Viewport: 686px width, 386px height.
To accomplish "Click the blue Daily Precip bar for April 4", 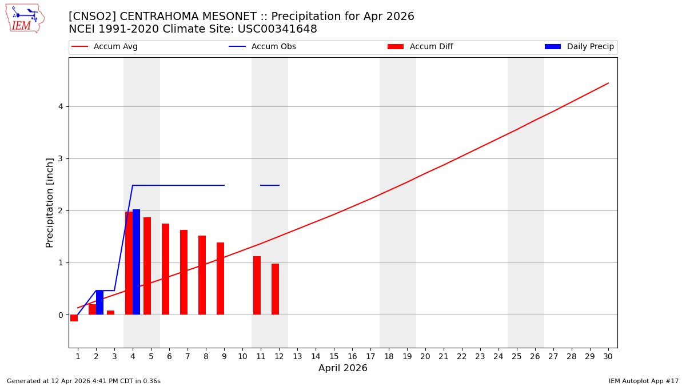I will coord(136,262).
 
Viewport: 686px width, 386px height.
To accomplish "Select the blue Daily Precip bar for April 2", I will coord(99,303).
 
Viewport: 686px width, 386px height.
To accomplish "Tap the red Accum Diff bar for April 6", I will coord(165,269).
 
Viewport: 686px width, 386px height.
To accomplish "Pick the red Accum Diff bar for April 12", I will coord(275,289).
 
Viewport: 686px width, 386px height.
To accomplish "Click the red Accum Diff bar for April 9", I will coord(220,278).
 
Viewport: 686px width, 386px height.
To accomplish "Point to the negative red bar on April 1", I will coord(74,318).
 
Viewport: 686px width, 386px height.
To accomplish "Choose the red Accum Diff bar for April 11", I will coord(257,285).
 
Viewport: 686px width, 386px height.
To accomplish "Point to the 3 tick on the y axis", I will coord(60,158).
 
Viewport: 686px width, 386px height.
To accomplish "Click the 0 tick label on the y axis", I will coord(60,315).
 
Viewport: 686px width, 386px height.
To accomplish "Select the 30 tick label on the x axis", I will coord(608,356).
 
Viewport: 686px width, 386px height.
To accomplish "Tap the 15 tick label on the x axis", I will coord(334,356).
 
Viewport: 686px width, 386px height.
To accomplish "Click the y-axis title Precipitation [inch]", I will coord(50,202).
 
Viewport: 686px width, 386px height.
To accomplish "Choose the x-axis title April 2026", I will coord(343,368).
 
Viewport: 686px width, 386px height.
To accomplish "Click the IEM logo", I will coord(25,18).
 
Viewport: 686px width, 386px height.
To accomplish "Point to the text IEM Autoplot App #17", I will coord(643,381).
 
